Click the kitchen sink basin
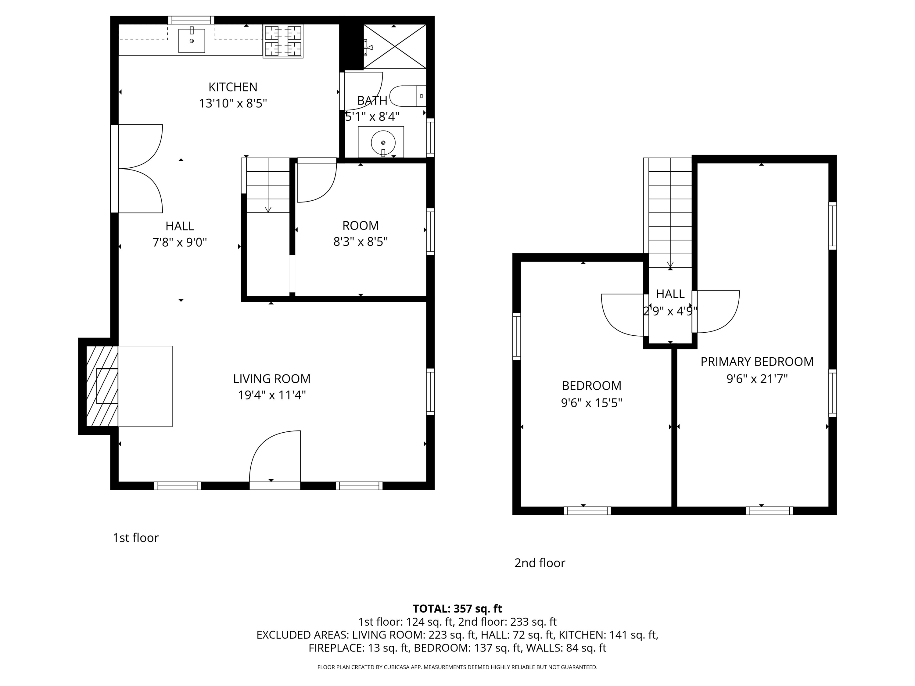192,41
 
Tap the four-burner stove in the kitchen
283,41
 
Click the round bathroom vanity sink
383,143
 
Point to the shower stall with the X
395,46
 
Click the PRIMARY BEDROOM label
757,362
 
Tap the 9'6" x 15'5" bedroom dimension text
591,403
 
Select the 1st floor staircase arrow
268,209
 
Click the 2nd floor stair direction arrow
670,265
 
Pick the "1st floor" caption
136,538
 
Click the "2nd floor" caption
540,563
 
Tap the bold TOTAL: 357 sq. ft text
457,609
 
